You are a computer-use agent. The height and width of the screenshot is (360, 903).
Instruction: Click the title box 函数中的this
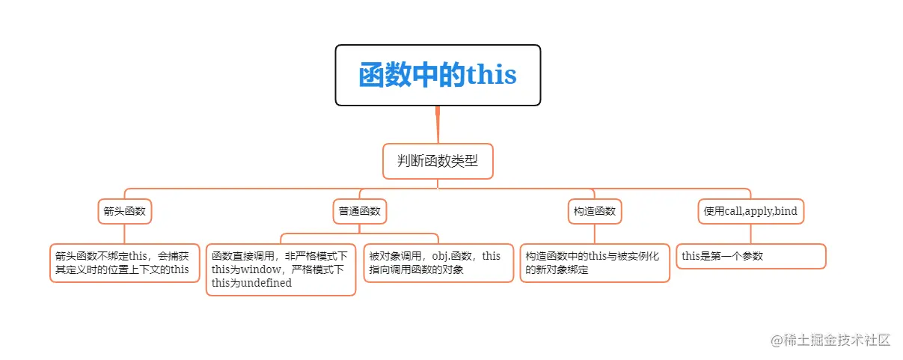(x=438, y=75)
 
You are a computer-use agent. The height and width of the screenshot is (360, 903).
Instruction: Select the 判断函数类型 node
(x=438, y=161)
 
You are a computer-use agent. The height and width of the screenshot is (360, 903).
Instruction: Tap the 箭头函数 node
(x=125, y=211)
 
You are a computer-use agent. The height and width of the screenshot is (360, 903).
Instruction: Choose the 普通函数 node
(x=360, y=211)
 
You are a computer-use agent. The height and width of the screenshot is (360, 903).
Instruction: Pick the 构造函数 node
(x=595, y=211)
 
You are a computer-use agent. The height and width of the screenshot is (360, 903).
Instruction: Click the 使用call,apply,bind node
(x=750, y=211)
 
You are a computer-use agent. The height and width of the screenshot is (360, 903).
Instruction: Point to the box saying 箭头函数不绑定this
(x=124, y=263)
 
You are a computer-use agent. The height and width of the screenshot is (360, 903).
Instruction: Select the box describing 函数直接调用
(x=281, y=269)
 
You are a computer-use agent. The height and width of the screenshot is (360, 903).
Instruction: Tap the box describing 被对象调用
(x=438, y=263)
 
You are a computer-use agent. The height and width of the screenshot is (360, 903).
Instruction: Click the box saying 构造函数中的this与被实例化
(x=595, y=263)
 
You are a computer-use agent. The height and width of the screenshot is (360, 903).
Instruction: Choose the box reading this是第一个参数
(x=750, y=256)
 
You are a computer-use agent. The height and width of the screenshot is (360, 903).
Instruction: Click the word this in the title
(x=492, y=76)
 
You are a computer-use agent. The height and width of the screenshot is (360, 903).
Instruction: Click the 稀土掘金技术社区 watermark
(x=830, y=340)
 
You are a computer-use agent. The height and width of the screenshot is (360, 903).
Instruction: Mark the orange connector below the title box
(x=438, y=123)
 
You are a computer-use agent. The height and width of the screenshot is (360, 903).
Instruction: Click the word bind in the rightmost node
(x=786, y=211)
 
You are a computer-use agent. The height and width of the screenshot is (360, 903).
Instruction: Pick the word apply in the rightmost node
(x=757, y=212)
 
